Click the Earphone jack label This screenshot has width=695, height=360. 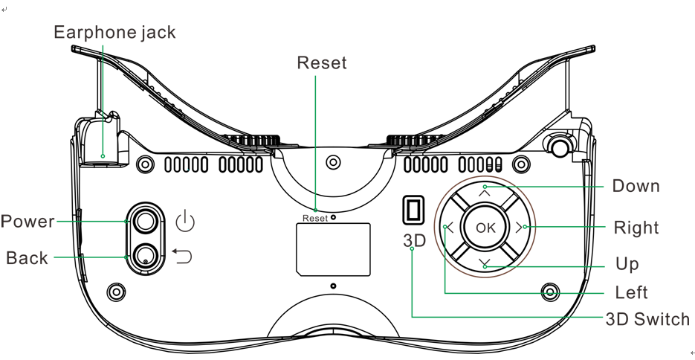114,33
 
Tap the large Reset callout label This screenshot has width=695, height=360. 321,62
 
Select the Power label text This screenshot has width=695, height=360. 28,222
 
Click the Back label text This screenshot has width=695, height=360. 27,258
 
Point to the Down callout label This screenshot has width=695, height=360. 636,185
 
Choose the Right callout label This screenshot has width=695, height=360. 636,227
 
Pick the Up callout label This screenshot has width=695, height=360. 627,264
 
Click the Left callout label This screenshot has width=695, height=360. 631,292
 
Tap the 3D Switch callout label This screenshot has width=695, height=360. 647,320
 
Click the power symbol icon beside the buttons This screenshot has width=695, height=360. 184,221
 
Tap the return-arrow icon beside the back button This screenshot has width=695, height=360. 182,257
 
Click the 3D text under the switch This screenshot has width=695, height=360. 414,242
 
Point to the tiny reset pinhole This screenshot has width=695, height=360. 333,218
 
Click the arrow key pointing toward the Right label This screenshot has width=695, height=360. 518,228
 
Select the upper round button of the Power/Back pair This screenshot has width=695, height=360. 145,220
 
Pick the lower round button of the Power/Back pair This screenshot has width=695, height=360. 145,255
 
